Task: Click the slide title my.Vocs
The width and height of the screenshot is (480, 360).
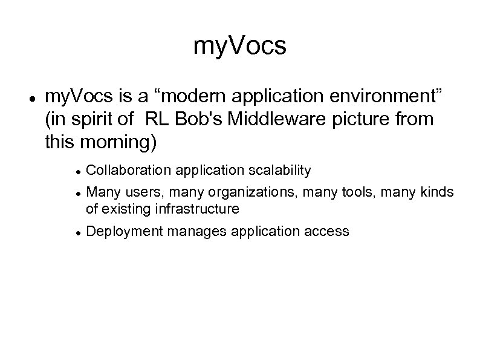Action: [240, 47]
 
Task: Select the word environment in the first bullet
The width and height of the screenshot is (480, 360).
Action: [381, 96]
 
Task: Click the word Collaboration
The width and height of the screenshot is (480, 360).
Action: [129, 171]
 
